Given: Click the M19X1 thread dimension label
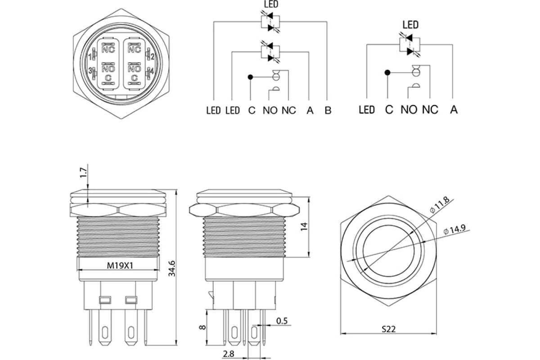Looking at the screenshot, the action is [120, 265].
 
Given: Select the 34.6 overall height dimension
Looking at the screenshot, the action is [172, 268].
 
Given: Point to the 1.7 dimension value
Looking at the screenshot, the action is [83, 173].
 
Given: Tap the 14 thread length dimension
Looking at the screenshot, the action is [304, 227].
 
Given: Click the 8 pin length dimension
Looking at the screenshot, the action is [202, 327].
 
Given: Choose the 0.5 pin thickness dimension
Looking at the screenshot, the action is [282, 321].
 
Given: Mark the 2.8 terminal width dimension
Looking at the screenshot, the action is [228, 354].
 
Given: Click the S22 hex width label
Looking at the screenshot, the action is [389, 329].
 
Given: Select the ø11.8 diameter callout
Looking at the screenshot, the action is [440, 205].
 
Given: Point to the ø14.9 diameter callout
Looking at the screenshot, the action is [454, 229].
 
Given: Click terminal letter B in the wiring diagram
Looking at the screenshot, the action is [328, 110].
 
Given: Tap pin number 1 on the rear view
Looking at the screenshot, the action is [90, 57].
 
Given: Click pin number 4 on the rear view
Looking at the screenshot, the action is [152, 71].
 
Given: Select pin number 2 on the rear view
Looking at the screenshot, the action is [152, 57].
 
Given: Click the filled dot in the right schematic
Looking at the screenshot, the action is [387, 72].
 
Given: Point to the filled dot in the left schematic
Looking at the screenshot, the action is [250, 77].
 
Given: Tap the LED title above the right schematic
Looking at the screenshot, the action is [410, 25].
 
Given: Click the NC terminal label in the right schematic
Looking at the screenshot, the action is [430, 110].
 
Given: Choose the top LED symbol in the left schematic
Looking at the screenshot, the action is [270, 22].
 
